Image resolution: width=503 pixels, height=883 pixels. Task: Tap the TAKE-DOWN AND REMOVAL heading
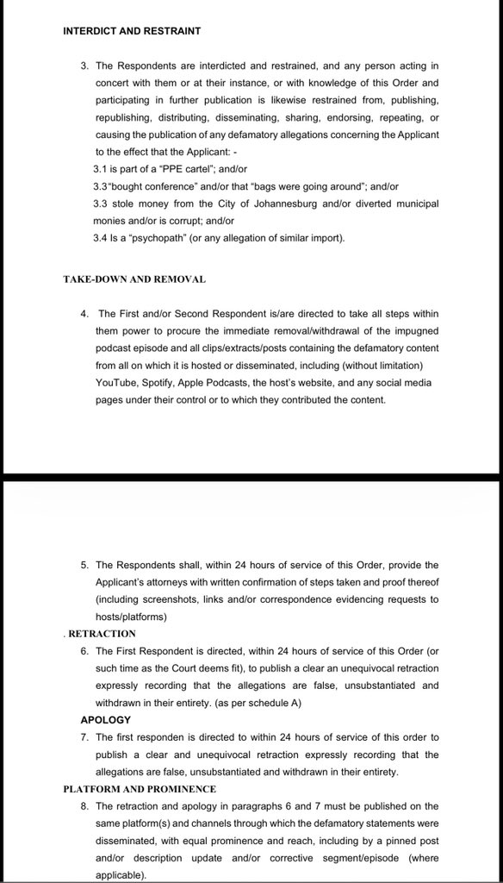tap(134, 279)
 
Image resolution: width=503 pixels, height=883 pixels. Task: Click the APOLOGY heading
tap(105, 719)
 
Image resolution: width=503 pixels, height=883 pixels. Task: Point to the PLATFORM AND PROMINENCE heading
tap(140, 788)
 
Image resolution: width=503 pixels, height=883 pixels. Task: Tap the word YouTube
tap(115, 383)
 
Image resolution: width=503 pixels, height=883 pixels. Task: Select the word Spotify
tap(162, 383)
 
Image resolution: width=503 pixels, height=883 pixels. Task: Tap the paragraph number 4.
tap(84, 314)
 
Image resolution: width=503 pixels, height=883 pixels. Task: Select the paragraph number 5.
tap(84, 566)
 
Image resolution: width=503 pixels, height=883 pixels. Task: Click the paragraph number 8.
tap(84, 805)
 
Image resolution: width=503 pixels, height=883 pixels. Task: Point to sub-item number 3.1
tap(100, 169)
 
